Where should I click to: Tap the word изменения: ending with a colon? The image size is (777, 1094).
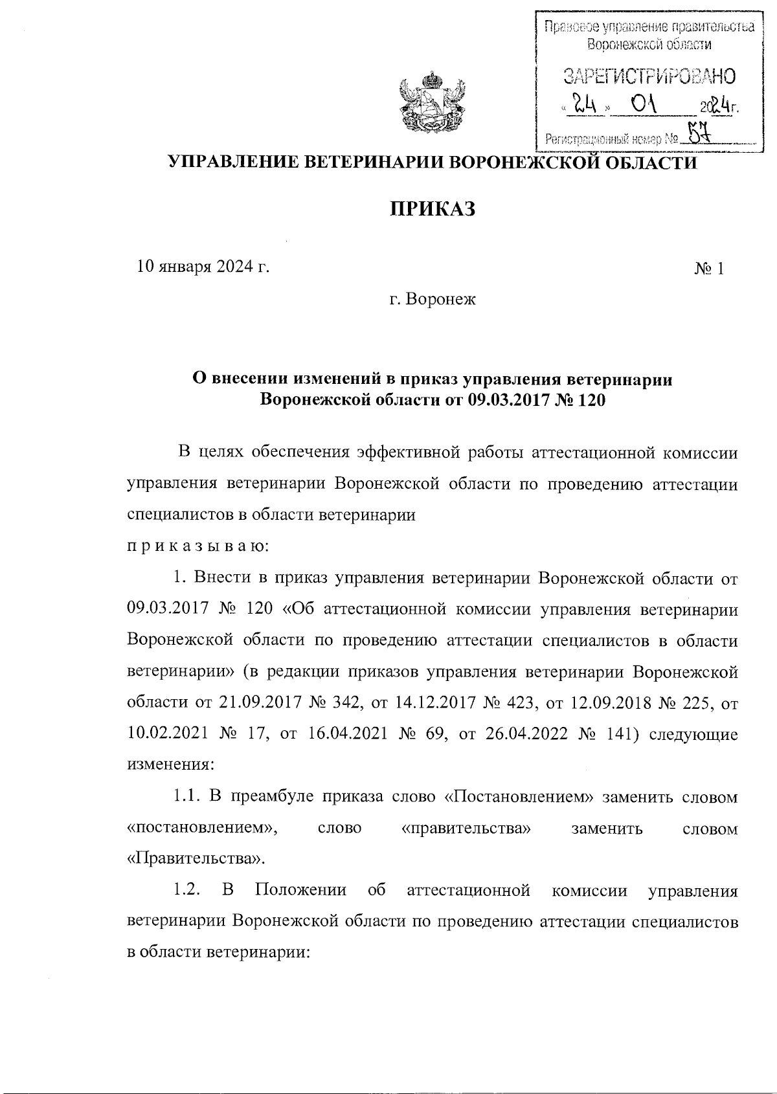pos(170,765)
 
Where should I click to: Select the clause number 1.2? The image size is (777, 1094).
pos(185,891)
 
